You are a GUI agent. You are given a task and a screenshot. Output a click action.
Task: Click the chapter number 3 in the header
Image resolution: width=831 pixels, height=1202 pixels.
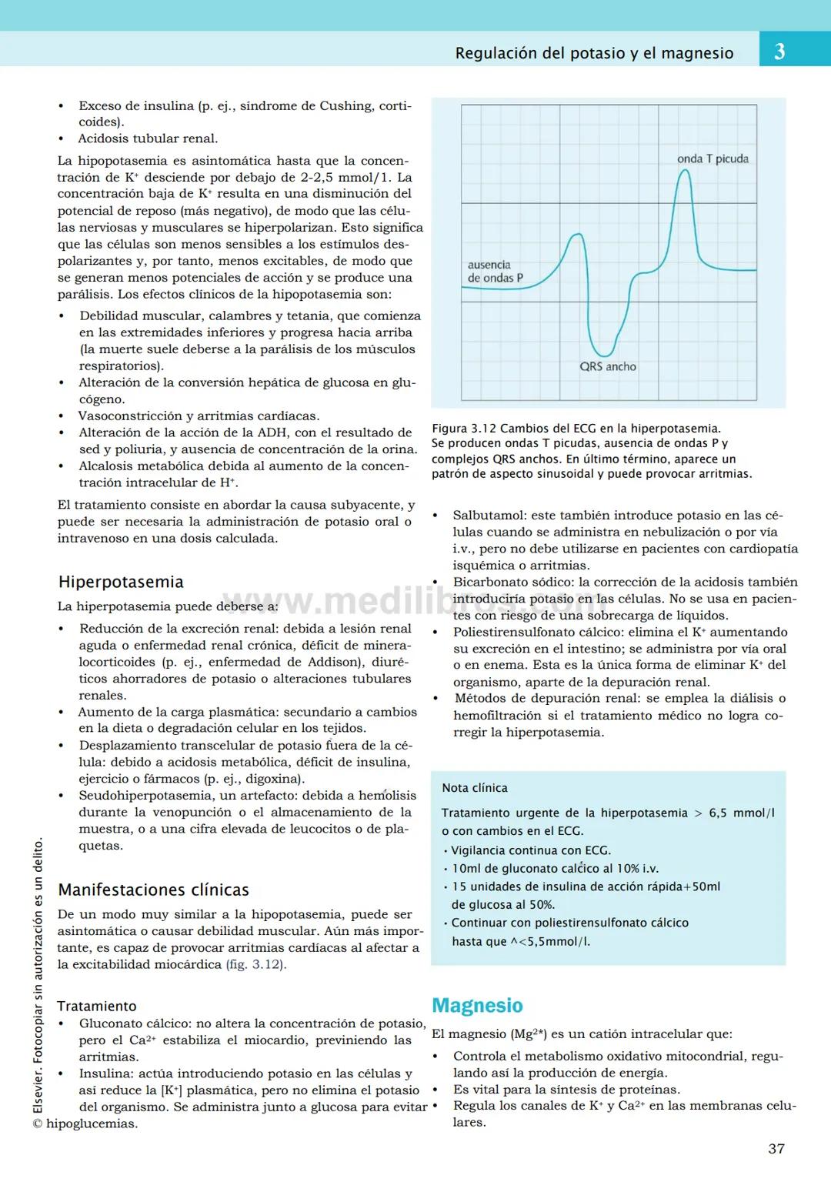[x=779, y=52]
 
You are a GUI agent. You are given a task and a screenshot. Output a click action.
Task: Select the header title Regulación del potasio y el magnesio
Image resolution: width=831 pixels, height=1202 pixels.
[x=594, y=53]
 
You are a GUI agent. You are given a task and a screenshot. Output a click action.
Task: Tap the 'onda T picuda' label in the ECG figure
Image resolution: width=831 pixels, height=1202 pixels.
[x=713, y=159]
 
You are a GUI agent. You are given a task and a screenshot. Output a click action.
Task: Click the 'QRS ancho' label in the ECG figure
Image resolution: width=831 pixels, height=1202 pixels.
[x=608, y=366]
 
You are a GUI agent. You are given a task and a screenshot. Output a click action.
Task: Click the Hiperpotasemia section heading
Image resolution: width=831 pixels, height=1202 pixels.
[x=121, y=582]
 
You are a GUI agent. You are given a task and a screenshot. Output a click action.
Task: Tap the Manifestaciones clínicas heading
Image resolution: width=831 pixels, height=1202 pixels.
[x=153, y=890]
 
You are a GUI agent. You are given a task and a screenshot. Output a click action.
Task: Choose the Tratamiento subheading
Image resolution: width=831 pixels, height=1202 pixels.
[x=96, y=1006]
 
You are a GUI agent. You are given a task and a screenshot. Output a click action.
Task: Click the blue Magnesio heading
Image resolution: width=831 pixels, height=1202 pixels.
[x=477, y=1005]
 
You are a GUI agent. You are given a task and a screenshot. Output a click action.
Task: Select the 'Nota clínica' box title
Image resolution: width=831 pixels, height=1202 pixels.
[x=475, y=788]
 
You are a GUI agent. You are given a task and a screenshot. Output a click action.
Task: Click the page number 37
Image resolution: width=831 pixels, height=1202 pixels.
[x=776, y=1148]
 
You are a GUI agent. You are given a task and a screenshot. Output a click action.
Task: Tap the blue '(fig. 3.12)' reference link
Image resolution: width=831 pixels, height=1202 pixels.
[x=255, y=964]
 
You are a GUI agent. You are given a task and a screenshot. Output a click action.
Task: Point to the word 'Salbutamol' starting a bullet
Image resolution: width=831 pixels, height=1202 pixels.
[x=483, y=516]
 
